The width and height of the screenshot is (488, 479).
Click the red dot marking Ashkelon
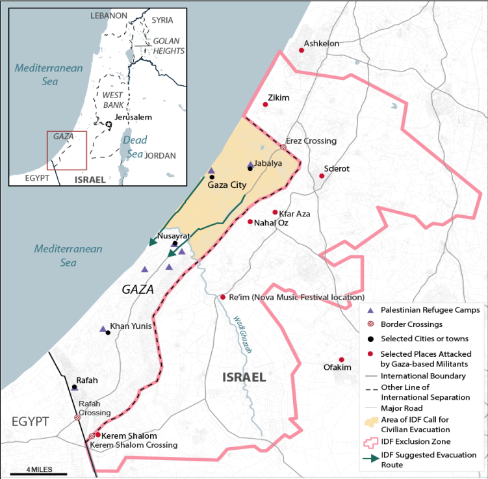(302, 50)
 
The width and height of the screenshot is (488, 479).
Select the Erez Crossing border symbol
(283, 148)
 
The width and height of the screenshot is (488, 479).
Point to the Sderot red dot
(321, 175)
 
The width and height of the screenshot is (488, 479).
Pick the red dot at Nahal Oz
(250, 222)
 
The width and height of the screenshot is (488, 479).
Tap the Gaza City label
(227, 185)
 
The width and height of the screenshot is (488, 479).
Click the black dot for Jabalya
(250, 168)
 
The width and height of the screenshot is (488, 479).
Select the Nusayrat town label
(172, 236)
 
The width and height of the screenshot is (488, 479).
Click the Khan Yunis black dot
(108, 333)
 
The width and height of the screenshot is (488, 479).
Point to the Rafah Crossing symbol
(77, 417)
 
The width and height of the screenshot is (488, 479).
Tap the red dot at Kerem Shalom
(98, 435)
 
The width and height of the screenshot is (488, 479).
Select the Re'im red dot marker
(222, 297)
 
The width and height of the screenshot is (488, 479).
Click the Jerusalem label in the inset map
(133, 117)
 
